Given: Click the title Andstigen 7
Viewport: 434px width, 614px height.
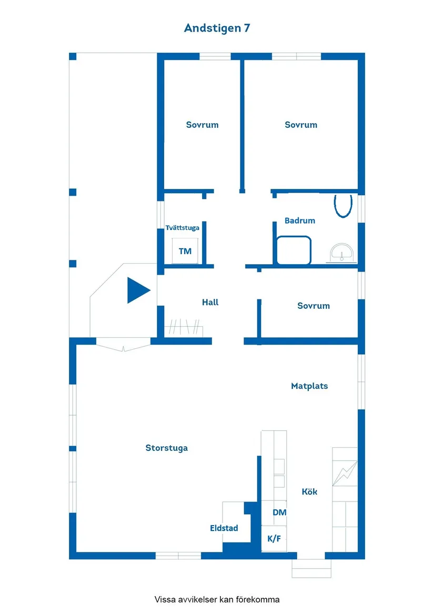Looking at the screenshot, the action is point(217,28).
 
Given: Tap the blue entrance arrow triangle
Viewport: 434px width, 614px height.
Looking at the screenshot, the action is point(137,290).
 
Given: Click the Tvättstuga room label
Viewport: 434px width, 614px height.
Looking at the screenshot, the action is point(182,228).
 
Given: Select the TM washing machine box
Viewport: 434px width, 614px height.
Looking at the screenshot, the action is point(185,251).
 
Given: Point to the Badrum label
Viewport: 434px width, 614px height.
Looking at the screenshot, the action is point(300,220).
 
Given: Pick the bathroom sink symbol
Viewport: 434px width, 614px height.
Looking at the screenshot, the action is point(341,253).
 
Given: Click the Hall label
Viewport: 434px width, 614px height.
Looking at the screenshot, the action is point(210,303).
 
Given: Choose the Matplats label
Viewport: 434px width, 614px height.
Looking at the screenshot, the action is point(309,386).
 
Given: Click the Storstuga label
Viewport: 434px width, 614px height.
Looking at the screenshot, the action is point(166,448).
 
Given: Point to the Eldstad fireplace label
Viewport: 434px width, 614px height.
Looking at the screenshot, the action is point(224,528).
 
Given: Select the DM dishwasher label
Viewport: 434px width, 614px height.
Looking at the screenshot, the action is point(280,512).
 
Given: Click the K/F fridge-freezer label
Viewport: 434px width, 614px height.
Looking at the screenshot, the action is point(274,539).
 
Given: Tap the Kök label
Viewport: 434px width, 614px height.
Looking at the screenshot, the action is point(309,492).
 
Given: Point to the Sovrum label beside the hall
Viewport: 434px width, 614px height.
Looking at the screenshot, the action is point(314,306).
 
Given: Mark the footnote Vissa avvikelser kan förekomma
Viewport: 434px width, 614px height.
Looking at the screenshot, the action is point(217,599).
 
